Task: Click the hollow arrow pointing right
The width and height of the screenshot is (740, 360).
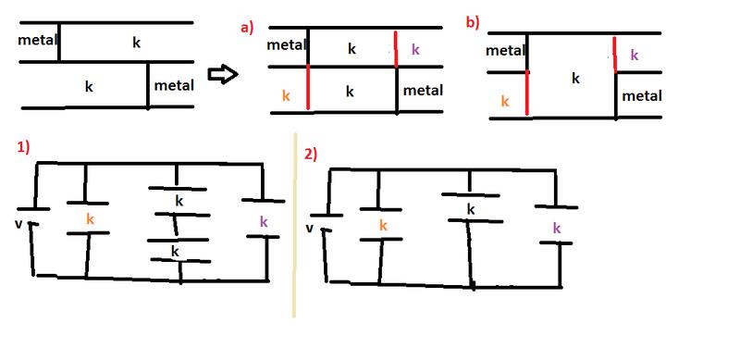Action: click(x=222, y=75)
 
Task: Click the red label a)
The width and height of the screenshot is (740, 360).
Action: click(x=247, y=28)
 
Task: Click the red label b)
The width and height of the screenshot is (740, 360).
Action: click(x=473, y=24)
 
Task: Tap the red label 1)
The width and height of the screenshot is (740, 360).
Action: click(x=24, y=147)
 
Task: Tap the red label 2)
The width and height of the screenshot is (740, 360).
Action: click(x=311, y=155)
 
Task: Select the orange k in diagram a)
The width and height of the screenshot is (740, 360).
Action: click(x=286, y=96)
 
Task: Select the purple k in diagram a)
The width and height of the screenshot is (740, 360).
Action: click(x=415, y=49)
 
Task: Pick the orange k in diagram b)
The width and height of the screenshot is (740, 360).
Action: click(x=505, y=101)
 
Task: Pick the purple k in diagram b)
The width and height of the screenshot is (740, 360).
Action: click(x=635, y=56)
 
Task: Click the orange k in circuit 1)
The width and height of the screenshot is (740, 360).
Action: click(x=91, y=218)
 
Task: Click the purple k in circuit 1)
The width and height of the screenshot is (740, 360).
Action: click(x=264, y=221)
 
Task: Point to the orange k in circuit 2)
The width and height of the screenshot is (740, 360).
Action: click(x=383, y=226)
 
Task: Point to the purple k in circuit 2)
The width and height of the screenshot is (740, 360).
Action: click(x=557, y=229)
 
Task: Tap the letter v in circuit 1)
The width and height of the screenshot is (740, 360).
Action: click(x=18, y=223)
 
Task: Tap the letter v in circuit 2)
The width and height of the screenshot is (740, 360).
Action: click(x=310, y=229)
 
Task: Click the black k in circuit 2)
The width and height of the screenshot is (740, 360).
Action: click(x=471, y=209)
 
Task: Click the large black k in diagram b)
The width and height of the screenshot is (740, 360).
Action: click(x=575, y=79)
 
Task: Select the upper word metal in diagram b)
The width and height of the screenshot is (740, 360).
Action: click(x=506, y=51)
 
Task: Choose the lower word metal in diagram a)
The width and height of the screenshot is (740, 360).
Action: click(x=423, y=91)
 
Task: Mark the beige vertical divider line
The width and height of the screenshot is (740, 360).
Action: click(x=294, y=226)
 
